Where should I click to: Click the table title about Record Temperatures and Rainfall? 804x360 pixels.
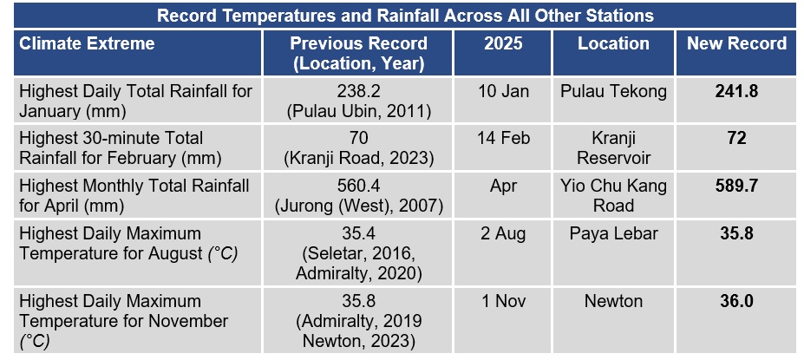pos(402,16)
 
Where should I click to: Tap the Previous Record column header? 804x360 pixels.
pos(358,53)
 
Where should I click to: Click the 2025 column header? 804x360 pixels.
pos(501,43)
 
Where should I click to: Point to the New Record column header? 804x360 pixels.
pos(736,43)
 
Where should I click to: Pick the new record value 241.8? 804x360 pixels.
pos(736,91)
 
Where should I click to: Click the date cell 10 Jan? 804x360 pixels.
pos(501,91)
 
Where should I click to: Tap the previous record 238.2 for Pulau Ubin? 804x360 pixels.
pos(358,101)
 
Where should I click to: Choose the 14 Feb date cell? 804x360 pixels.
pos(501,139)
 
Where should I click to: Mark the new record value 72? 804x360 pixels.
pos(736,139)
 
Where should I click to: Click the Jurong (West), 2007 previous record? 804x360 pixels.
pos(358,206)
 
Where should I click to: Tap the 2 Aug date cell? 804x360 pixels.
pos(501,234)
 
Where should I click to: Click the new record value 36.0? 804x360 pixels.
pos(736,302)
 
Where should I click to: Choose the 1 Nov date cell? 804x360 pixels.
pos(501,302)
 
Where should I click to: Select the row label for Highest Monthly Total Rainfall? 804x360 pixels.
pos(134,196)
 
